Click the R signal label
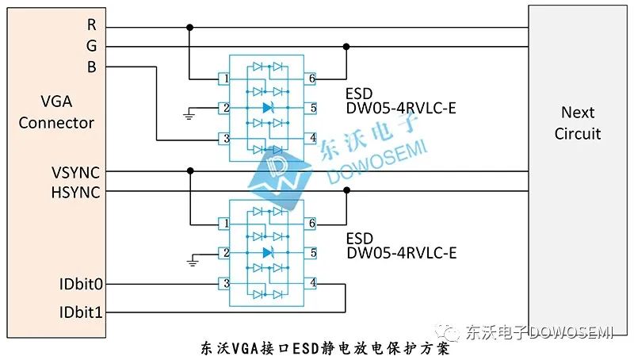point(92,25)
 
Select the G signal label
point(92,46)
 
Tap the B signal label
point(92,67)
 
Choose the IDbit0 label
point(79,284)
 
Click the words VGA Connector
point(56,112)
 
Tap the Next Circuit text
point(578,123)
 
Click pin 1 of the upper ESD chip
point(226,79)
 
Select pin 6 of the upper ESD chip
point(313,79)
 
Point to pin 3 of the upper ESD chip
point(226,139)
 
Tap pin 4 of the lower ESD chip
point(313,283)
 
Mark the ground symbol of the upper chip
point(189,114)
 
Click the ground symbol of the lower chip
point(189,260)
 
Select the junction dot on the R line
point(189,28)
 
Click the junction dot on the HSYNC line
point(346,191)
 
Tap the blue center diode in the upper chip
point(268,108)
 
